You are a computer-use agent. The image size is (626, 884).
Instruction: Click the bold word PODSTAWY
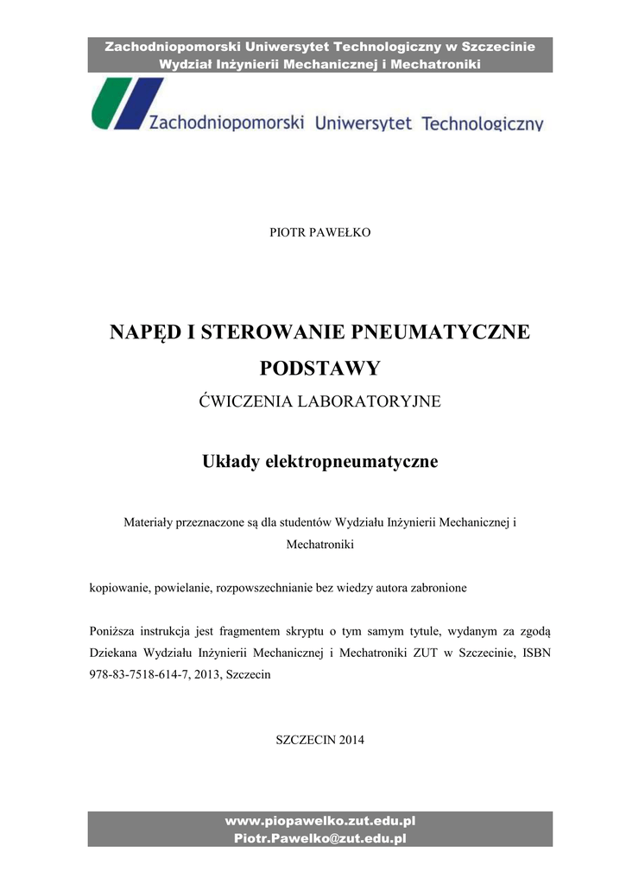[320, 369]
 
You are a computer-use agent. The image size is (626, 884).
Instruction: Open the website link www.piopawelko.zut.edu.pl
[320, 821]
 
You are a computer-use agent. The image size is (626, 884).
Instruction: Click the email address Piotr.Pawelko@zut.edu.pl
[320, 837]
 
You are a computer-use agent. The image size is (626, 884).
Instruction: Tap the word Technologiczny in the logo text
[482, 124]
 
